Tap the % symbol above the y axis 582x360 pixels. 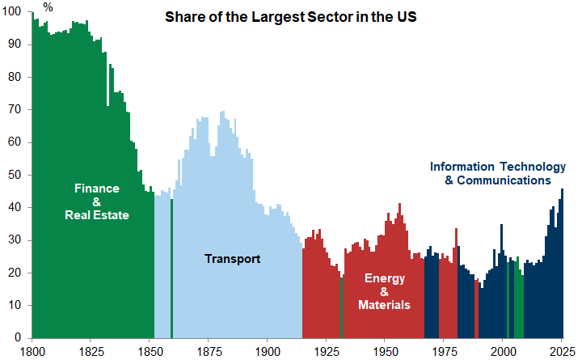tap(48, 7)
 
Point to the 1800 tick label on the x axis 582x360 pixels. tap(32, 351)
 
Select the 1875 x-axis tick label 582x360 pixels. tap(209, 351)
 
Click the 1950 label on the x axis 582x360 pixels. tap(385, 351)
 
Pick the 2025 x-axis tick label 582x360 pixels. tap(562, 351)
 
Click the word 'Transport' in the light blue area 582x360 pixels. tap(232, 259)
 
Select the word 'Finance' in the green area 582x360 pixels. tap(97, 188)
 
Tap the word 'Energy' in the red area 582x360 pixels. tap(384, 278)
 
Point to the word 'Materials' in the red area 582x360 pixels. tap(384, 305)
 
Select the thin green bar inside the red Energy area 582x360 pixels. tap(342, 307)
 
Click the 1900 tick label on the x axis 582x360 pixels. tap(268, 351)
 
